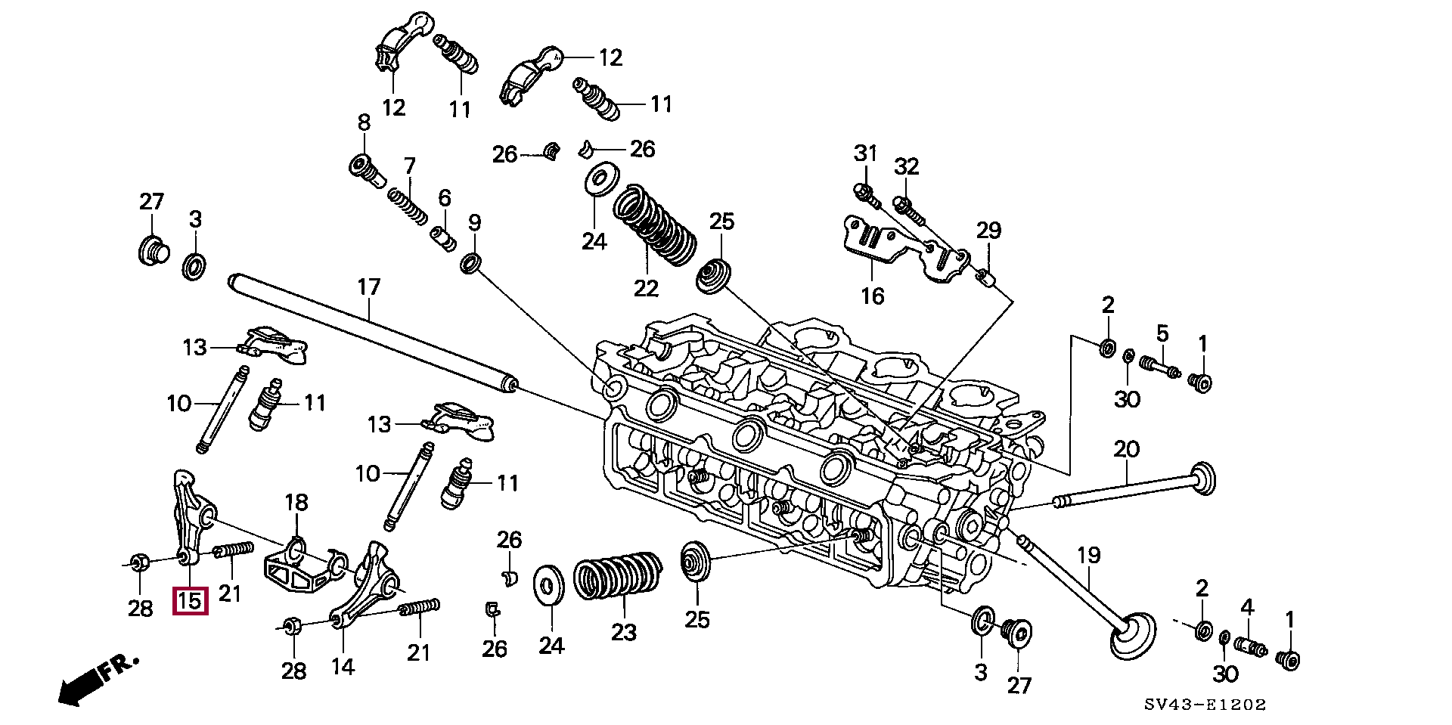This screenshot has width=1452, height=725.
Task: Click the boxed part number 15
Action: pyautogui.click(x=189, y=601)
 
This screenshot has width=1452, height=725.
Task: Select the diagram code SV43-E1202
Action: pyautogui.click(x=1205, y=705)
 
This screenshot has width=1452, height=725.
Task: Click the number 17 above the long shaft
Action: pyautogui.click(x=368, y=288)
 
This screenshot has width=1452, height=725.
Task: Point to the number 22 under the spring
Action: pyautogui.click(x=647, y=287)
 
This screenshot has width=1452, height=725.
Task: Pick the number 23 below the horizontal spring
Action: pyautogui.click(x=624, y=632)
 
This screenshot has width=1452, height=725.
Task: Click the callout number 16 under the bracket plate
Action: pyautogui.click(x=872, y=296)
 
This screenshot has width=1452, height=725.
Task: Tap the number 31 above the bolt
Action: pyautogui.click(x=865, y=153)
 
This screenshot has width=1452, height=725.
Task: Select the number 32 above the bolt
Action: pyautogui.click(x=906, y=166)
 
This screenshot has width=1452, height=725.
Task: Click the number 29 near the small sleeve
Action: pyautogui.click(x=988, y=230)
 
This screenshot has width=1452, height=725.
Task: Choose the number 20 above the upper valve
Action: pyautogui.click(x=1126, y=450)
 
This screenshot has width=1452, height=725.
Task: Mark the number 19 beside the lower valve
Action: pyautogui.click(x=1088, y=556)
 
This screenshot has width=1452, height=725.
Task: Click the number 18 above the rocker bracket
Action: pyautogui.click(x=296, y=503)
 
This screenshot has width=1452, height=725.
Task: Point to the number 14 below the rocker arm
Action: pyautogui.click(x=342, y=666)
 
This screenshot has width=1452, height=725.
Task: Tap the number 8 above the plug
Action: pyautogui.click(x=364, y=122)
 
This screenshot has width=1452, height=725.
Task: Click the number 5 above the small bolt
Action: pyautogui.click(x=1162, y=333)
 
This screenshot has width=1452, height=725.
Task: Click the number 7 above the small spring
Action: pyautogui.click(x=409, y=166)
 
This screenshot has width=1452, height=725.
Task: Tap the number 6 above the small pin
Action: pyautogui.click(x=444, y=199)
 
